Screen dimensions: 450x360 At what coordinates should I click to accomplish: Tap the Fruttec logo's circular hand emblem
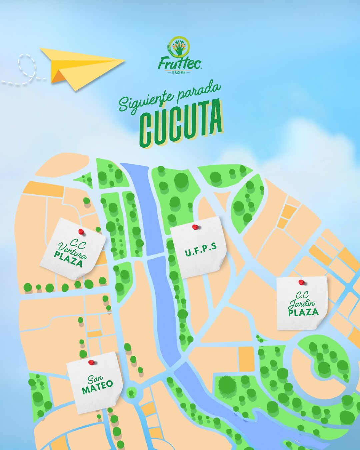pyautogui.click(x=180, y=47)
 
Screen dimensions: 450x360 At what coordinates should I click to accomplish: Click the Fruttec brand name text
pyautogui.click(x=180, y=64)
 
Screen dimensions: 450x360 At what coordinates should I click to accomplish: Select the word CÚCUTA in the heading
pyautogui.click(x=181, y=123)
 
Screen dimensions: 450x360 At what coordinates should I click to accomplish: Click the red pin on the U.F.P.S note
pyautogui.click(x=195, y=227)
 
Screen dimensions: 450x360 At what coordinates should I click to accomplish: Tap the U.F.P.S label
pyautogui.click(x=201, y=250)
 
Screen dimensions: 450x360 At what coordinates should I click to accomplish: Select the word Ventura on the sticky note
pyautogui.click(x=72, y=251)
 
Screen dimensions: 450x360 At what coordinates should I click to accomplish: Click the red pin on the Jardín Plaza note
pyautogui.click(x=301, y=282)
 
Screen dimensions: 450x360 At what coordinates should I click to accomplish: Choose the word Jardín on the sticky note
pyautogui.click(x=302, y=303)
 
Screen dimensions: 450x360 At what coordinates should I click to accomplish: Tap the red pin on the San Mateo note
pyautogui.click(x=91, y=362)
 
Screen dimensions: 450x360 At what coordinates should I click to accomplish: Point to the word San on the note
pyautogui.click(x=95, y=379)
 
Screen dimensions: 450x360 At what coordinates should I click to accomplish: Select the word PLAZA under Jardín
pyautogui.click(x=303, y=312)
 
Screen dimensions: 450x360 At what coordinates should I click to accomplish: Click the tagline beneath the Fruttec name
pyautogui.click(x=180, y=72)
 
